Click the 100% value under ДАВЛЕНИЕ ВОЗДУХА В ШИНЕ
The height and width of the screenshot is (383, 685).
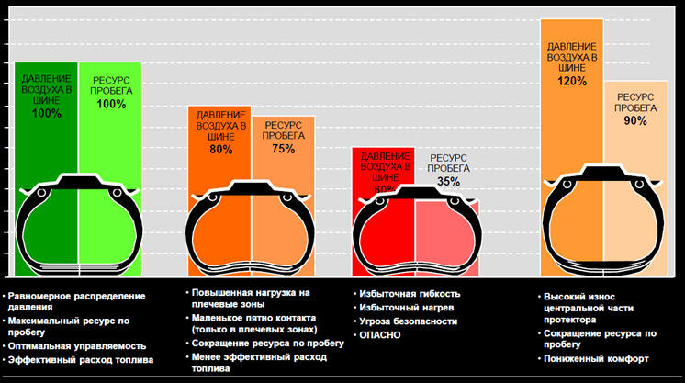(x=46, y=114)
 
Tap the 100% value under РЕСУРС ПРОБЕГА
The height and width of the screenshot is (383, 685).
(x=110, y=104)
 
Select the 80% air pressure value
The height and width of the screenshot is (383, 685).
(x=220, y=149)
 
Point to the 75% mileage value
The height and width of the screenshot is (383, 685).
(x=283, y=149)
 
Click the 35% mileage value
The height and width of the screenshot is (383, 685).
(x=448, y=182)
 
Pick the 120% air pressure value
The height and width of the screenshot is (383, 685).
(x=571, y=81)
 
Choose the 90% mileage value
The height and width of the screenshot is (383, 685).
(x=634, y=120)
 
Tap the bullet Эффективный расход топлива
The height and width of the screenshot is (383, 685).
(x=80, y=360)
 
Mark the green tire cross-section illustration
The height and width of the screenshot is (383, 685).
(x=78, y=221)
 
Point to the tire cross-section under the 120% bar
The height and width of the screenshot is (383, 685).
(x=601, y=216)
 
